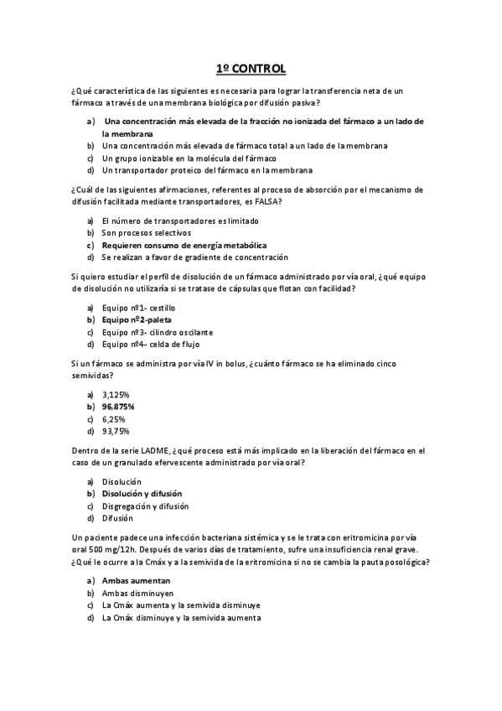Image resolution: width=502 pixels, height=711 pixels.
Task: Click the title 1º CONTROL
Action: [251, 67]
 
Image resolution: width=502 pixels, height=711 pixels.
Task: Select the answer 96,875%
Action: [118, 406]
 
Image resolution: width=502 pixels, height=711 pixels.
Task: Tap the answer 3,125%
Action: [116, 394]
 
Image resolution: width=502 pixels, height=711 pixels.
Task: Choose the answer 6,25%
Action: [114, 418]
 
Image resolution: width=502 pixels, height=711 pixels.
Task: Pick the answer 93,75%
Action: [116, 431]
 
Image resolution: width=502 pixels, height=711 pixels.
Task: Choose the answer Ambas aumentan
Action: [137, 580]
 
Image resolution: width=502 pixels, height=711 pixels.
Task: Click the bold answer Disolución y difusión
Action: [142, 494]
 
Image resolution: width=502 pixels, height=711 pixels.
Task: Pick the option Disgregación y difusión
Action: [145, 506]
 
